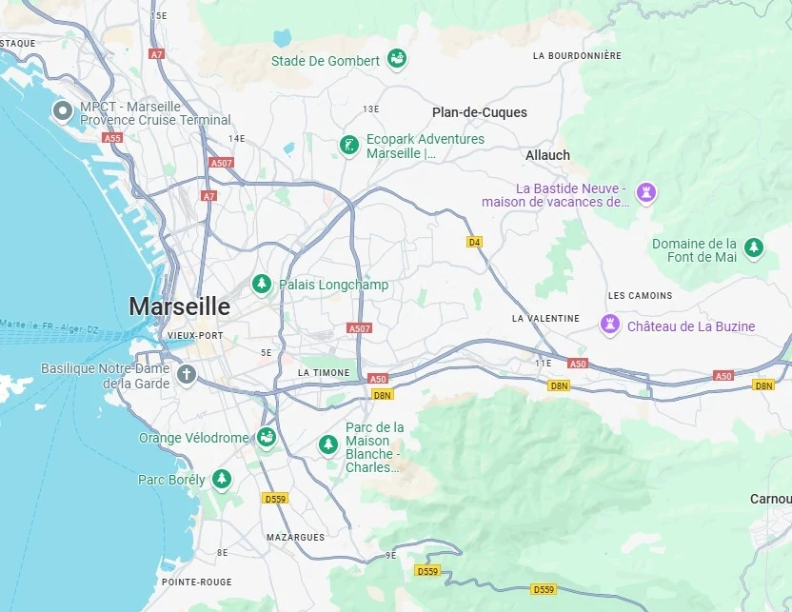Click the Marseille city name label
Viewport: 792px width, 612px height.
[180, 306]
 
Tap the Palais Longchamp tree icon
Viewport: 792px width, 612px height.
[261, 284]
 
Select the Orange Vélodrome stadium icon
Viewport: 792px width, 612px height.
[266, 438]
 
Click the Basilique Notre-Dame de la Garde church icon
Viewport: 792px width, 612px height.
[186, 374]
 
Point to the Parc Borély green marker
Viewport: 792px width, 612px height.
[222, 479]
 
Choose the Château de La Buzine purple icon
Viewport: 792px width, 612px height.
[610, 326]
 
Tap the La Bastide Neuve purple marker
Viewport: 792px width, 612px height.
[646, 193]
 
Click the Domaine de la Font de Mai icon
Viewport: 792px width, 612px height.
[754, 248]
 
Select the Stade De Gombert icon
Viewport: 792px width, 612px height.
[397, 60]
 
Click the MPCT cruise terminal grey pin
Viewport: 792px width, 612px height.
[63, 112]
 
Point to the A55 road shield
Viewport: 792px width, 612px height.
[113, 138]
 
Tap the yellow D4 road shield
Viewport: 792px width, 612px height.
[474, 242]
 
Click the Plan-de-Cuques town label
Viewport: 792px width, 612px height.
[480, 112]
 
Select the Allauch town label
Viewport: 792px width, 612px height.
[547, 154]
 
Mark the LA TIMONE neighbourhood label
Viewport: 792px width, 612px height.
[324, 372]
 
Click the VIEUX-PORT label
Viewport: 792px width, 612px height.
[195, 336]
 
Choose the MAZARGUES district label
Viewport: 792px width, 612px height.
[295, 537]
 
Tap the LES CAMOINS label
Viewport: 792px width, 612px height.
[640, 295]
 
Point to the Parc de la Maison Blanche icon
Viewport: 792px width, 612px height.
[328, 444]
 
